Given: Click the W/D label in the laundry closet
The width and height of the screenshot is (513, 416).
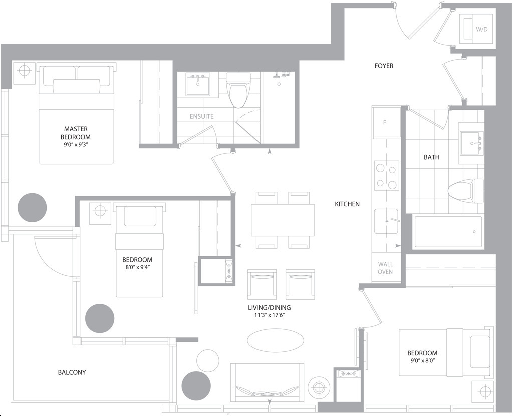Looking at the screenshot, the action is [x=481, y=29].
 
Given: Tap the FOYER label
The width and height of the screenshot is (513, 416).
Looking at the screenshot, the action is [x=384, y=66].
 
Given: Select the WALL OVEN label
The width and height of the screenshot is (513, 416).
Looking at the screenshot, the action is [x=385, y=268].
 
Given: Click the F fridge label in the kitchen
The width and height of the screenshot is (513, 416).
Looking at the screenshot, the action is [x=385, y=122].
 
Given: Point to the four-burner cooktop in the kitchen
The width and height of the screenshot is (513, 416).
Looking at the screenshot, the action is [x=387, y=175].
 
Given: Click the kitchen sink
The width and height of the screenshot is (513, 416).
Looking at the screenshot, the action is [x=386, y=221].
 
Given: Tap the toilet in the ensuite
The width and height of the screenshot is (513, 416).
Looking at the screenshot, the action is [x=238, y=90].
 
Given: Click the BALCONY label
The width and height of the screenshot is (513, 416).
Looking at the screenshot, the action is [x=72, y=372].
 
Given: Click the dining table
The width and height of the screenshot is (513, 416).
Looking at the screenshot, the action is [x=283, y=220].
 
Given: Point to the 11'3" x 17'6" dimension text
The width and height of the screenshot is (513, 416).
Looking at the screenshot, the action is [x=269, y=315].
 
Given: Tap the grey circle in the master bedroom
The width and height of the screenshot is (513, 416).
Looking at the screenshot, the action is [x=32, y=208].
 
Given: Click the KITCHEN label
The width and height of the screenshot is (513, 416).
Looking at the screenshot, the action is [x=347, y=204].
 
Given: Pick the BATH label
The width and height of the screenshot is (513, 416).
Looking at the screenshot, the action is [x=431, y=157].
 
